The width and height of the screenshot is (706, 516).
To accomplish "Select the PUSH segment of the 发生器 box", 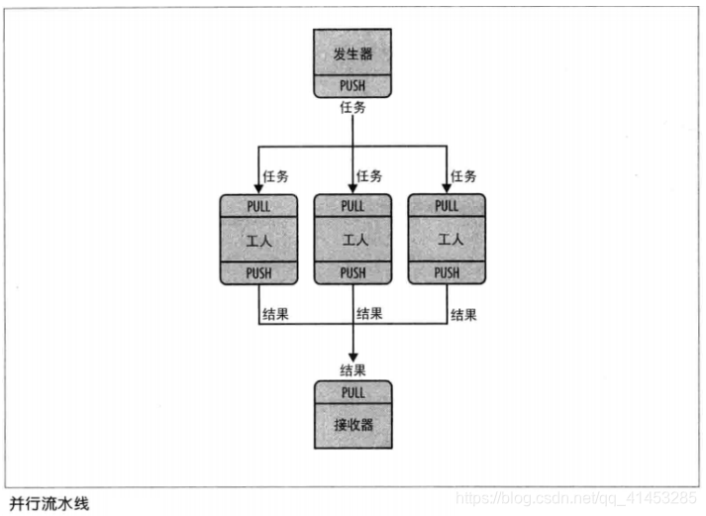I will [353, 86].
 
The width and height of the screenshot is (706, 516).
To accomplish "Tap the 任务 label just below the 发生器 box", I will [353, 106].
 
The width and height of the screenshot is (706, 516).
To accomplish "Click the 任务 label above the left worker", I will [274, 176].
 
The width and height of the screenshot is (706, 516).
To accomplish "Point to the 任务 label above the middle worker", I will [369, 176].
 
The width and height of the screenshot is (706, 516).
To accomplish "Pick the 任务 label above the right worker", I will [463, 176].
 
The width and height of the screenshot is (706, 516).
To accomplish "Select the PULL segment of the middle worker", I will [353, 206].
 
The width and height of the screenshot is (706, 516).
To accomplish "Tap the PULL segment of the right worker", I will [447, 206].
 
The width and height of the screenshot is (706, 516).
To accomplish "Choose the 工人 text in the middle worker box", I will [353, 240].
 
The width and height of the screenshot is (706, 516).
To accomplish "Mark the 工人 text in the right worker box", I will [447, 240].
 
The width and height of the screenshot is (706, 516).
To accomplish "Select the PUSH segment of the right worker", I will [447, 273].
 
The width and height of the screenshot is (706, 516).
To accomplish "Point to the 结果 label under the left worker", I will [274, 315].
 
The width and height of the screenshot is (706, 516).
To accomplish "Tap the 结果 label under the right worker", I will [463, 315].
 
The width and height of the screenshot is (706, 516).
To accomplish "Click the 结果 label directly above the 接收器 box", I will [353, 370].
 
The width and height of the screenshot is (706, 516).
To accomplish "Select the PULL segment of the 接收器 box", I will [353, 392].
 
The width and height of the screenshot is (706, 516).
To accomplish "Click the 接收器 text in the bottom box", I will [353, 426].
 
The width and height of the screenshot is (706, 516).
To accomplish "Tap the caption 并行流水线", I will [49, 502].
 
